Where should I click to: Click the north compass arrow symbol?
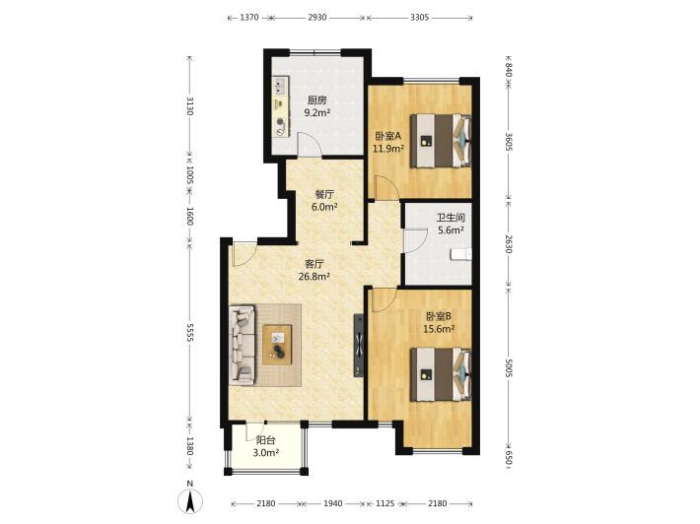(190, 500)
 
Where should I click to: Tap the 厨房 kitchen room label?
(316, 100)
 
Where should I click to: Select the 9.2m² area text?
(316, 113)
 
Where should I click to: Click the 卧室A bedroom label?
(388, 136)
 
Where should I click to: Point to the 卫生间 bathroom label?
(451, 218)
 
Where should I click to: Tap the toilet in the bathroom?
(461, 254)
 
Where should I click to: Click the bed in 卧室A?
(441, 141)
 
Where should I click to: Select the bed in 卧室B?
(441, 374)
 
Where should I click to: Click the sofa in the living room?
(243, 345)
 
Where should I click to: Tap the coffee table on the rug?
(277, 345)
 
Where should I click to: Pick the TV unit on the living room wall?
(359, 346)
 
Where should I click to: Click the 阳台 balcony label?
(265, 440)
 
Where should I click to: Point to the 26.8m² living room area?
(315, 277)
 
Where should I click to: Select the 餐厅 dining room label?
(324, 194)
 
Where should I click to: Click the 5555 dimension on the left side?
(189, 332)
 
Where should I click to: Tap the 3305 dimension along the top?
(420, 18)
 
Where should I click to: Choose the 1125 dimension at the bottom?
(385, 503)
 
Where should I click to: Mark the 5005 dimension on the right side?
(509, 366)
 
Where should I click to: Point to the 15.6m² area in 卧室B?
(439, 329)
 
